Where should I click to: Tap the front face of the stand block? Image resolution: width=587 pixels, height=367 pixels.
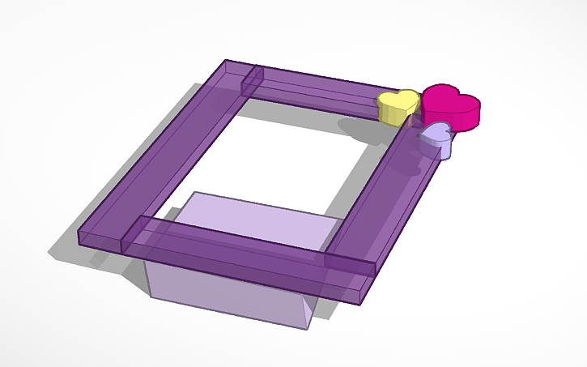click(x=227, y=300)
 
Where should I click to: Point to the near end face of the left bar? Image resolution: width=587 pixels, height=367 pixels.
click(x=100, y=239)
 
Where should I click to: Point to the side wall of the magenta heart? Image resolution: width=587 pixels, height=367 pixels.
click(x=462, y=120)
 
